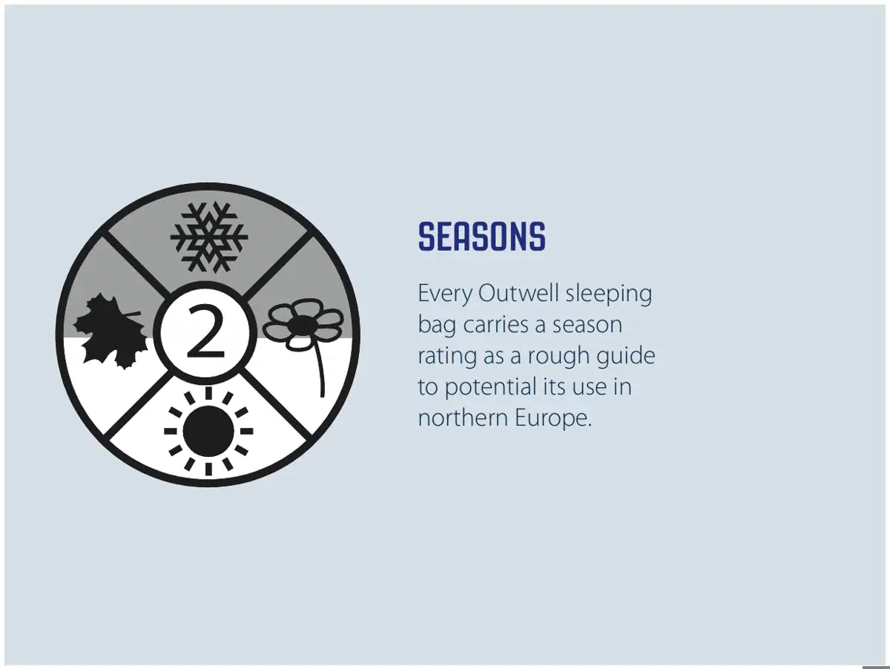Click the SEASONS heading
click(x=481, y=236)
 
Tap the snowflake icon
click(x=209, y=237)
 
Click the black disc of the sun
click(x=208, y=431)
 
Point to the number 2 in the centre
click(x=205, y=332)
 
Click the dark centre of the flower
click(x=301, y=325)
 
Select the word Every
click(x=445, y=294)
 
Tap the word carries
click(x=495, y=324)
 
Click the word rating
click(x=447, y=356)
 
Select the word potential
click(x=491, y=387)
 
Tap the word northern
click(x=463, y=418)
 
